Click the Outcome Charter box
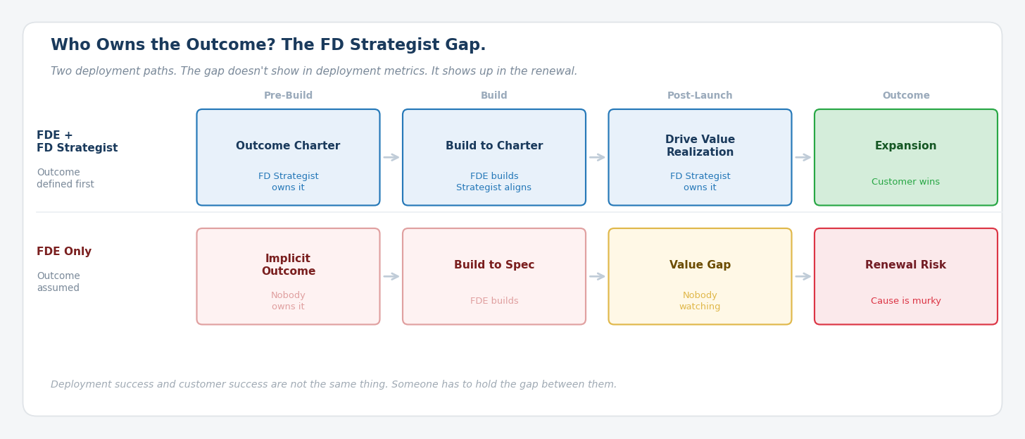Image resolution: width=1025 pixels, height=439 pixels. tap(288, 157)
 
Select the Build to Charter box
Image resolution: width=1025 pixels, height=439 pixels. tap(493, 157)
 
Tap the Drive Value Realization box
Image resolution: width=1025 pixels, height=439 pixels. tap(700, 157)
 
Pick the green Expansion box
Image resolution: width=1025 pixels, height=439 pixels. tap(905, 157)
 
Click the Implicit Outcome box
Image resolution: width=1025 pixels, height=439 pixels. tap(288, 276)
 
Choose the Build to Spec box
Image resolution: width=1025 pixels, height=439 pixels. tap(493, 276)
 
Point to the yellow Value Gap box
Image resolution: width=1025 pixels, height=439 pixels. tap(700, 276)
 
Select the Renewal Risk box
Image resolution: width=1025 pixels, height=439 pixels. tap(905, 276)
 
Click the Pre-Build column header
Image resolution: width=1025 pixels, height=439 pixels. tap(288, 96)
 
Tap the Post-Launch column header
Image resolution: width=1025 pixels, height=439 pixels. tap(700, 96)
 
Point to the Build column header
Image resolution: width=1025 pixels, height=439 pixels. tap(493, 96)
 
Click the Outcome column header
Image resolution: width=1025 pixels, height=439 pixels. tap(905, 96)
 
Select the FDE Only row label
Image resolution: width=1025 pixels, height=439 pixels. tap(64, 252)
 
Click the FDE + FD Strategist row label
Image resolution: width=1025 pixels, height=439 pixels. tap(77, 142)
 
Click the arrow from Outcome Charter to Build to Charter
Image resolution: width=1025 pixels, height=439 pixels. tap(391, 157)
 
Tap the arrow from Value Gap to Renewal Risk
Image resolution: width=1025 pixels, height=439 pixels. tap(803, 276)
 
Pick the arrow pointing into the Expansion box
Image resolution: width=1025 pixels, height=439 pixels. tap(803, 157)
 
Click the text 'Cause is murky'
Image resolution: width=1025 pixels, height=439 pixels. tap(905, 302)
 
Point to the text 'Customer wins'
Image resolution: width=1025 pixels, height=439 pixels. tap(905, 183)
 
